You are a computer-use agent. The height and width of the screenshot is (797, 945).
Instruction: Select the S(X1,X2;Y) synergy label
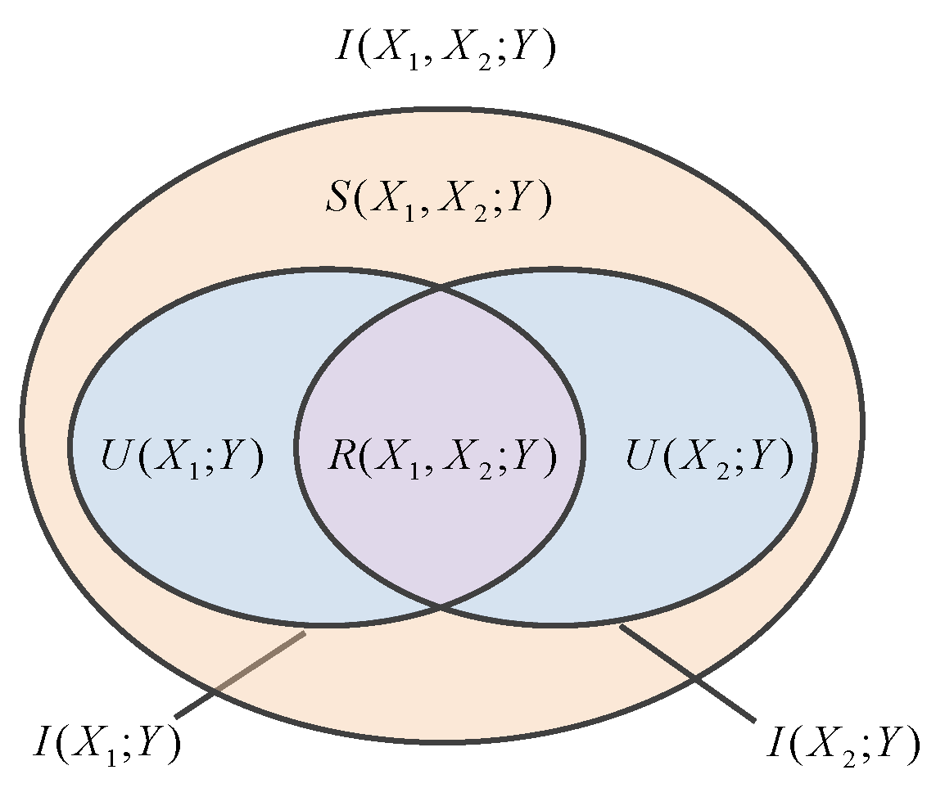435,199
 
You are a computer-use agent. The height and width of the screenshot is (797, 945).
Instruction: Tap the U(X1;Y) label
182,457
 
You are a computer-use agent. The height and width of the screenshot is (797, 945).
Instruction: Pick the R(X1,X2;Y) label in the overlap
441,457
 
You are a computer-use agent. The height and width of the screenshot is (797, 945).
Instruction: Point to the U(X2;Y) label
709,457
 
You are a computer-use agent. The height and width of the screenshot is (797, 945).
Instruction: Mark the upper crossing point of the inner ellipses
441,288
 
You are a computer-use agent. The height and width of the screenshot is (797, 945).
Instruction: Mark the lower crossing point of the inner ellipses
441,606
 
